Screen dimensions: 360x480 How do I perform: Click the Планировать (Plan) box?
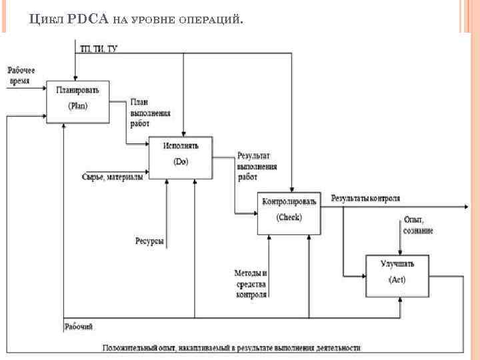(77, 101)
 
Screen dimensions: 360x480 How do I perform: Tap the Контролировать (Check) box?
(289, 214)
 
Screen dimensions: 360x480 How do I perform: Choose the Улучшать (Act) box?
(397, 275)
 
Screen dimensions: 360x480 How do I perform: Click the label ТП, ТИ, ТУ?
(99, 49)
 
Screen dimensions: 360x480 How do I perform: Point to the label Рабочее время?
(21, 75)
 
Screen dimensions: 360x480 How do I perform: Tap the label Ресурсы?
(149, 241)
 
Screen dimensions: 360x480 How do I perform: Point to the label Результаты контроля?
(365, 198)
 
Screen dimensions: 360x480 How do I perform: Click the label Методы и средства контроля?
(251, 283)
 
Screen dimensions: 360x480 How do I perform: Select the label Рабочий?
(79, 326)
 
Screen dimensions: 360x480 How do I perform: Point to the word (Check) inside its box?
(289, 217)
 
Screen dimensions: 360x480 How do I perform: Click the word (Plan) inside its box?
(77, 105)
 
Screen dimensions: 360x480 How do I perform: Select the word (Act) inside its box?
(397, 279)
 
